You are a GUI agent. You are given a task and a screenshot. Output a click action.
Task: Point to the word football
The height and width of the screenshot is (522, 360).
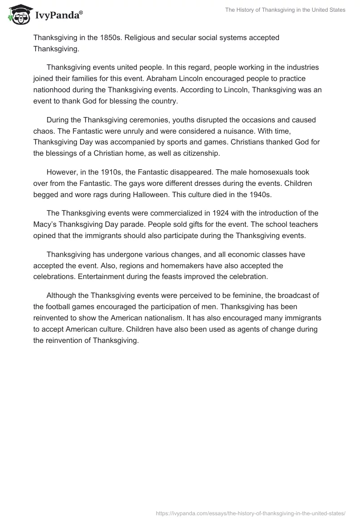click(64, 307)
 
